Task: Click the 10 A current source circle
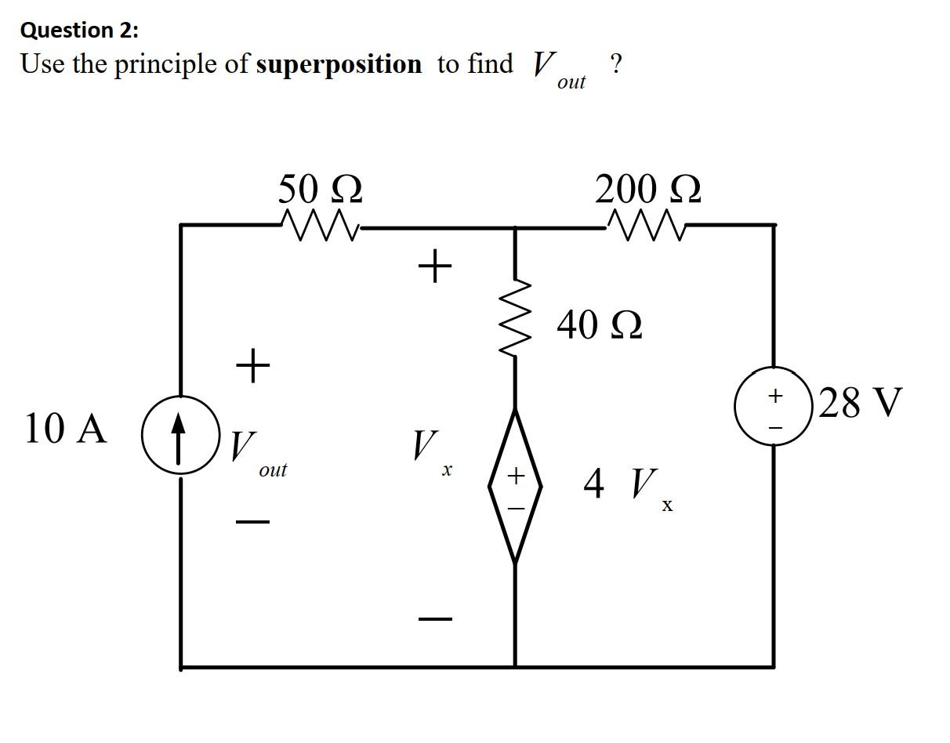click(x=179, y=435)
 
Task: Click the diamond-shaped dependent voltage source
click(x=515, y=486)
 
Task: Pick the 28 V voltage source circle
click(x=774, y=406)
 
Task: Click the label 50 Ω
click(x=320, y=190)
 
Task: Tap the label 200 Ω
click(x=647, y=190)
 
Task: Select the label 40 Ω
click(x=600, y=324)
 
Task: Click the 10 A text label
click(x=65, y=429)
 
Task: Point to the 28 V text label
click(x=860, y=403)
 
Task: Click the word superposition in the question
click(x=339, y=64)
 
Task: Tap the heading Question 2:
click(x=78, y=31)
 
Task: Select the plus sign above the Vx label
click(x=435, y=266)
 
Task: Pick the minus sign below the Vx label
click(x=435, y=619)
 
